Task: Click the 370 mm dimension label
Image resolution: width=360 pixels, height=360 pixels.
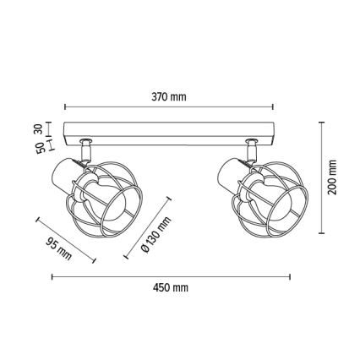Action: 169,97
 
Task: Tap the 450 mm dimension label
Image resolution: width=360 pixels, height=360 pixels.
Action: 171,287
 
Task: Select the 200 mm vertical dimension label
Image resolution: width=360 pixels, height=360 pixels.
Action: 332,177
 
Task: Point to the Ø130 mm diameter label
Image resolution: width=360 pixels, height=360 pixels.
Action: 155,234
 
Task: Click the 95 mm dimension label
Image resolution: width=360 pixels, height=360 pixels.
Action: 59,248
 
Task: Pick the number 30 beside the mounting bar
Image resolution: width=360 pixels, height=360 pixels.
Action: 39,128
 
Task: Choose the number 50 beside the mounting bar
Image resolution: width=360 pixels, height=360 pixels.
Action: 41,148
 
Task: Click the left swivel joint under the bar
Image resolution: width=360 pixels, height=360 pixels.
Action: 85,150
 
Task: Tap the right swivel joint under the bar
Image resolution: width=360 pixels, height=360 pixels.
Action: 252,150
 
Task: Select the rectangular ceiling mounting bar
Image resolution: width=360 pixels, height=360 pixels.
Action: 169,134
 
